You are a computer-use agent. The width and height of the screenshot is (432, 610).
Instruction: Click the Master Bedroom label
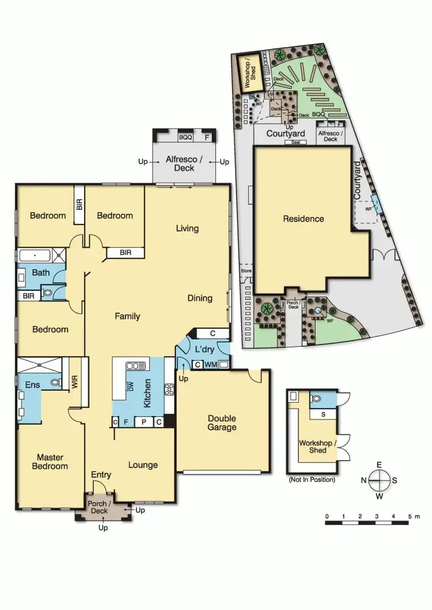point(50,462)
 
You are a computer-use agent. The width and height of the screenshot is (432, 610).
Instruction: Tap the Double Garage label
point(222,422)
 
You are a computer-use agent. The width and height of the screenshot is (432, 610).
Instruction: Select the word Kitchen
point(147,394)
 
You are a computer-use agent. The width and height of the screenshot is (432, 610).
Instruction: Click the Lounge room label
point(143,465)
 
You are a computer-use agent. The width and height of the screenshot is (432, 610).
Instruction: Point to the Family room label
point(128,316)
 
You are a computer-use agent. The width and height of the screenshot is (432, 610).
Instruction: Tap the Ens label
point(32,385)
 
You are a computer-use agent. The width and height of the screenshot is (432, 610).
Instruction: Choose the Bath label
point(41,273)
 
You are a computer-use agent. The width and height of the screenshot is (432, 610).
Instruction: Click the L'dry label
point(205,350)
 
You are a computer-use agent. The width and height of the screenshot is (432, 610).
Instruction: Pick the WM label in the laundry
point(211,364)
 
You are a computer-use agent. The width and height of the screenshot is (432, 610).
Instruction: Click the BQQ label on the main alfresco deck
point(186,138)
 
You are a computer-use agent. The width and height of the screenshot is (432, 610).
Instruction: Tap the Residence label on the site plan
point(304,219)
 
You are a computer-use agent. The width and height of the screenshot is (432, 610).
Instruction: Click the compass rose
point(379,479)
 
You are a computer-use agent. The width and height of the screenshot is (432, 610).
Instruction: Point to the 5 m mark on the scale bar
point(409,516)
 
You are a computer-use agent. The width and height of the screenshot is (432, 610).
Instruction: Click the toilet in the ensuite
point(54,384)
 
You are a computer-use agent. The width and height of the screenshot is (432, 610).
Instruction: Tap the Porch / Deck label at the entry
point(98,508)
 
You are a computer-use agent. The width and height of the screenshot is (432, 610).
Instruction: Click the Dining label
point(200,298)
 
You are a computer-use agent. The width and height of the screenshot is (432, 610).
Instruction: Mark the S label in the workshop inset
point(323,413)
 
